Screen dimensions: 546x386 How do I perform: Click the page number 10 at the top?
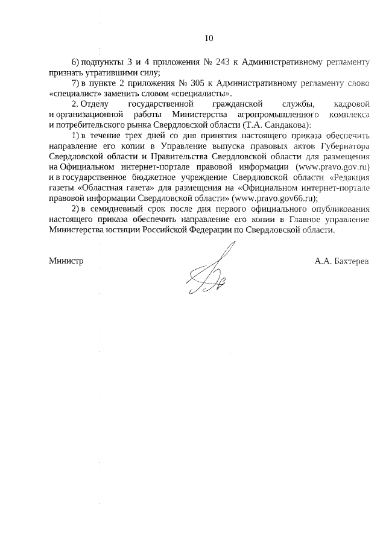tap(209, 38)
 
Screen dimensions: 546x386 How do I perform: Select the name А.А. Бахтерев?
tap(341, 261)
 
